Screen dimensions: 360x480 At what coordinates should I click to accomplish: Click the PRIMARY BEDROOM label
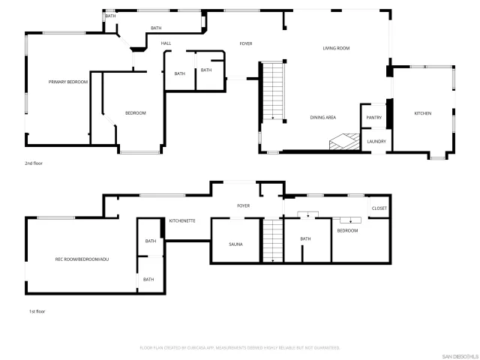tap(67, 82)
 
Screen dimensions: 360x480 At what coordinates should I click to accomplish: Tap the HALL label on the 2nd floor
tap(166, 43)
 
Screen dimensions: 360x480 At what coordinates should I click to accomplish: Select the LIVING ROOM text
tap(337, 48)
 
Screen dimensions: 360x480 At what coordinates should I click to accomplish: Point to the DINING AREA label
tap(322, 118)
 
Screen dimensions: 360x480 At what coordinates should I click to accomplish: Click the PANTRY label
tap(373, 118)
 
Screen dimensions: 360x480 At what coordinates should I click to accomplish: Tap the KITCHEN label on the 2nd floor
tap(423, 113)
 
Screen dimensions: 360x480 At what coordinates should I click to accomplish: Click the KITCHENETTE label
tap(182, 220)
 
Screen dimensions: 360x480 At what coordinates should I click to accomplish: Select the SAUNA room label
tap(235, 244)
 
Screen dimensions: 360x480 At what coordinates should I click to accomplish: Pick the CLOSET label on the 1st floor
tap(379, 208)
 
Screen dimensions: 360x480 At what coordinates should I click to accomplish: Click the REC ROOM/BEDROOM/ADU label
tap(82, 259)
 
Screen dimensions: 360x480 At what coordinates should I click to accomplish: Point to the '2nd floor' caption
tap(34, 163)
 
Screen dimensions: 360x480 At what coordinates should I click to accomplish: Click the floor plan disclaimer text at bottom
tap(240, 348)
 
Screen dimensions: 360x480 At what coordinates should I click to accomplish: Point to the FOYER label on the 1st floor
tap(243, 205)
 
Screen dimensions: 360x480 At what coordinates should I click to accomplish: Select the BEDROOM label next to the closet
tap(347, 230)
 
